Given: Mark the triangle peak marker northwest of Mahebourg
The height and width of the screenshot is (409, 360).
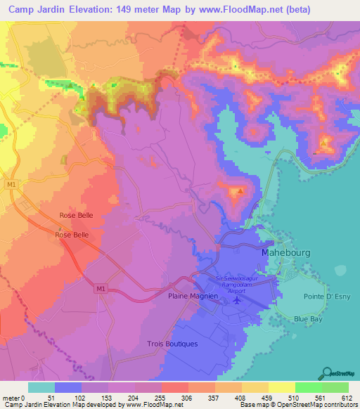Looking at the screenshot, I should (240, 190).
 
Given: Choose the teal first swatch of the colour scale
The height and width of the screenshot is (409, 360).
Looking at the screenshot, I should (41, 387).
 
